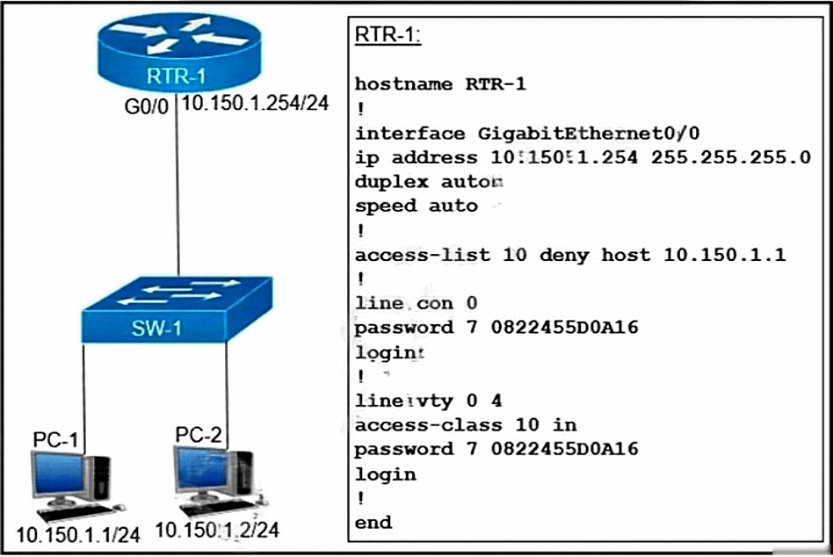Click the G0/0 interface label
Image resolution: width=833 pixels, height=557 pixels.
(145, 105)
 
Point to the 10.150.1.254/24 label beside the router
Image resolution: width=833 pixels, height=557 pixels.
(254, 104)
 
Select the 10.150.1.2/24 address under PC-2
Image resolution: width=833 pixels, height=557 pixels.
(217, 530)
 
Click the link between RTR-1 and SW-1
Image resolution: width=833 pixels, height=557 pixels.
(178, 193)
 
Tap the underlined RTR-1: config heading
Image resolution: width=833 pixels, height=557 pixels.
(387, 35)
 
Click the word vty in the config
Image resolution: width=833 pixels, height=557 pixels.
(445, 401)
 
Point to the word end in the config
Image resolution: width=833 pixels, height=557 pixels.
(373, 523)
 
